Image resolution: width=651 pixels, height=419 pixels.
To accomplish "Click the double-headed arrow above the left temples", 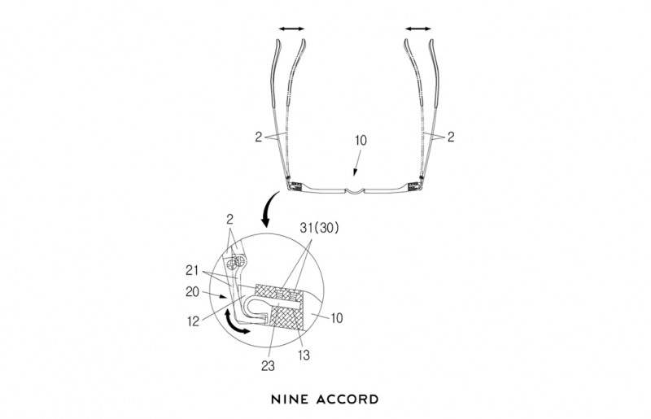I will (x=291, y=28).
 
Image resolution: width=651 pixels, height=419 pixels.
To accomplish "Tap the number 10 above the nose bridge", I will (x=360, y=140).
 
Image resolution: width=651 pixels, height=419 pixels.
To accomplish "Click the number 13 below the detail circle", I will (x=304, y=355).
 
